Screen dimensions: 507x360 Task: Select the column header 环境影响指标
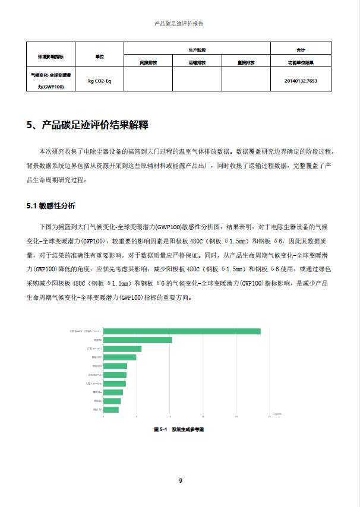pos(50,56)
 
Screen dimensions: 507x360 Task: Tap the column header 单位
pos(99,56)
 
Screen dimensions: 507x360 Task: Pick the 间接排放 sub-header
pos(148,62)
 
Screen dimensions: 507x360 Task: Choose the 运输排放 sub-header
pos(197,62)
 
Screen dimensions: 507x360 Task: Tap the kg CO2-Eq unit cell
pos(99,80)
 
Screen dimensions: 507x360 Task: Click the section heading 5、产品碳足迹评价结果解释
pos(87,125)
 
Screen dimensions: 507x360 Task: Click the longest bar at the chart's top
pos(182,331)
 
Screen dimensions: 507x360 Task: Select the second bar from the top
pos(137,340)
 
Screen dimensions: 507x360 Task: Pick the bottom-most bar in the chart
pos(110,410)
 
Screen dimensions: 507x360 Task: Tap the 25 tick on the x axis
pos(270,417)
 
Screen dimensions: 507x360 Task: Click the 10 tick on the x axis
pos(170,417)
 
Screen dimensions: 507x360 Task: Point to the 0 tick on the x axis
pos(103,417)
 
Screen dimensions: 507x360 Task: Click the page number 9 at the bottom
pos(180,480)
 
